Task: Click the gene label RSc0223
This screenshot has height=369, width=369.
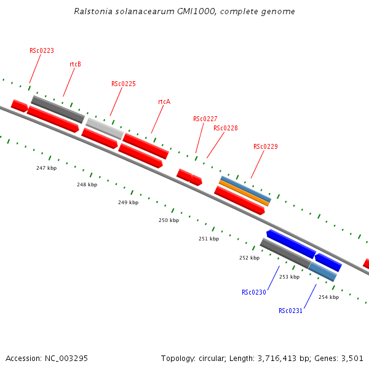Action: point(42,50)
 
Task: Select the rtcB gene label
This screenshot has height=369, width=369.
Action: point(76,64)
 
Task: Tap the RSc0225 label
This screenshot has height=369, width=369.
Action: point(124,84)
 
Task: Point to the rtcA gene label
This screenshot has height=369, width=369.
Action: point(164,101)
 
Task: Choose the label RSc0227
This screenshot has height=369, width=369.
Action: point(205,119)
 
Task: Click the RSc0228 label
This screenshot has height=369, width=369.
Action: point(226,128)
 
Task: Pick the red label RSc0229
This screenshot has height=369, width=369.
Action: point(266,146)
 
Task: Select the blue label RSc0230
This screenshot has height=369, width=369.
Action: point(254,292)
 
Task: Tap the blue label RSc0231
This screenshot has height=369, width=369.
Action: point(290,311)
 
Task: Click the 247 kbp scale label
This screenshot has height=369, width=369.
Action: point(46,168)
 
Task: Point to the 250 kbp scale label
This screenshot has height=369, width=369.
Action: point(169,220)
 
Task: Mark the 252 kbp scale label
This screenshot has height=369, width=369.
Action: point(249,258)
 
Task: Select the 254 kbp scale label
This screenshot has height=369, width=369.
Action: point(328,297)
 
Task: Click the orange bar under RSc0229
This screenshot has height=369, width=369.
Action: point(244,192)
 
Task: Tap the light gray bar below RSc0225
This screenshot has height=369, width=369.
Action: point(105,128)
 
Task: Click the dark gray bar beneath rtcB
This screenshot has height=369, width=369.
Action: point(58,109)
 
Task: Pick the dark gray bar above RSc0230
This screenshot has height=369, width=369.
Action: point(285,253)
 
